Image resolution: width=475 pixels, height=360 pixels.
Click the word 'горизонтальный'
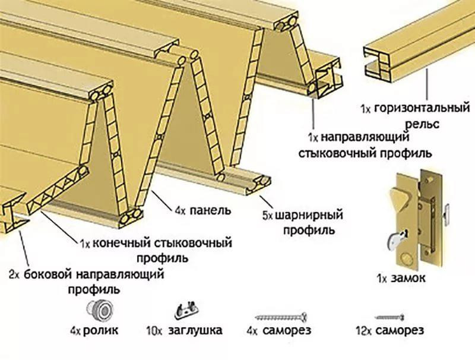[422, 109]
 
